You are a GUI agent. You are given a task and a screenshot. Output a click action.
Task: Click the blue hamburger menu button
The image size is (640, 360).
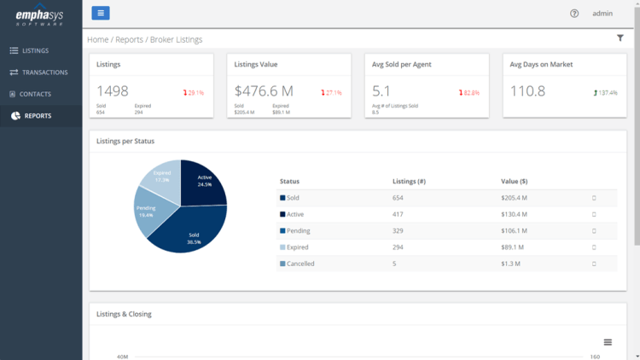coord(101,13)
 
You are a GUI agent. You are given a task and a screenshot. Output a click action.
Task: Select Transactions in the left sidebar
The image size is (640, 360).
coord(44,73)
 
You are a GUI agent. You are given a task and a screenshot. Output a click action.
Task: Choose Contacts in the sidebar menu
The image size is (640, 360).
coord(35,94)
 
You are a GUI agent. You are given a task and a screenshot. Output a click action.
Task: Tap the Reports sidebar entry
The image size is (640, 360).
coord(37,116)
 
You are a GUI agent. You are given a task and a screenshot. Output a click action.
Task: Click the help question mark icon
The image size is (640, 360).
coord(574,14)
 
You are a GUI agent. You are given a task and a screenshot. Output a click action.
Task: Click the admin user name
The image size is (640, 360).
coord(602,14)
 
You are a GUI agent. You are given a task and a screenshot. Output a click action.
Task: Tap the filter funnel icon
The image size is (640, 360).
coord(620,38)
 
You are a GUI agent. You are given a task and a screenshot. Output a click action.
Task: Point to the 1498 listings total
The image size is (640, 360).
coord(113,91)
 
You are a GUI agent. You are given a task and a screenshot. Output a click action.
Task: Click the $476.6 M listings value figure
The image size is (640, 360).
coord(264,91)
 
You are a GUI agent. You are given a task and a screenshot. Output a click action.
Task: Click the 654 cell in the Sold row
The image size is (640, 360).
coord(398,198)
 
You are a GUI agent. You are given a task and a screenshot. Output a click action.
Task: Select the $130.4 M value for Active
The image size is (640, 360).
coord(514,214)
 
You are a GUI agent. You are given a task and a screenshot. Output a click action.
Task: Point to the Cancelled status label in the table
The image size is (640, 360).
coord(300,264)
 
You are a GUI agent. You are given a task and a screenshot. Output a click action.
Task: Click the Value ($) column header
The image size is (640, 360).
coord(514,181)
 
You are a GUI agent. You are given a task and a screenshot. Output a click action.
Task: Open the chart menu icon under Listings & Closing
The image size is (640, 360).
coord(608,342)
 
